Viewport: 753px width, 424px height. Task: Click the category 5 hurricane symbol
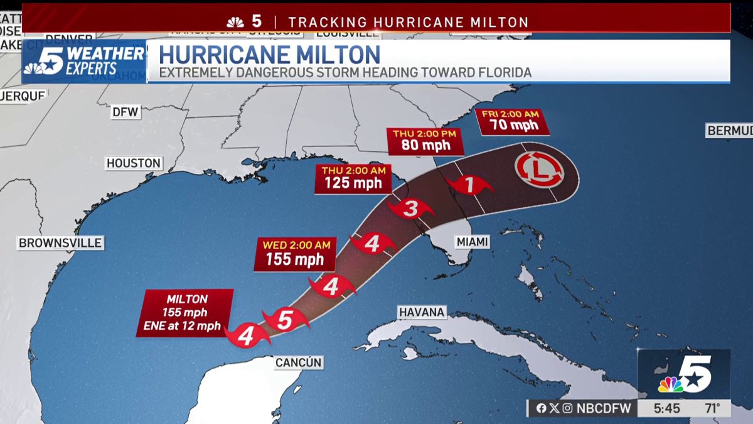tap(285, 320)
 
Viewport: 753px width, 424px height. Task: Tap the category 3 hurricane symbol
tap(410, 209)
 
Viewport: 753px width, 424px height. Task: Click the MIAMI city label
tap(473, 242)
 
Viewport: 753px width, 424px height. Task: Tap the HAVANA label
tap(422, 312)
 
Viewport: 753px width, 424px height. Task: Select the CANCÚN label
tap(299, 362)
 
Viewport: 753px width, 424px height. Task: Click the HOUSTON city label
tap(134, 163)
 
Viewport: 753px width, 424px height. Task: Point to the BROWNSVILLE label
tap(60, 243)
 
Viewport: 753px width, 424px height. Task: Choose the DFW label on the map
tap(125, 112)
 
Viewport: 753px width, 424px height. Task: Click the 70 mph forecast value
tap(513, 126)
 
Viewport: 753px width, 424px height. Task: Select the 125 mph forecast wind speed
tap(351, 183)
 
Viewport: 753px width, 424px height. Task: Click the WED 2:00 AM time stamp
tap(295, 245)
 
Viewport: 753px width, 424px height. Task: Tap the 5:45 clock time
tap(666, 408)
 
